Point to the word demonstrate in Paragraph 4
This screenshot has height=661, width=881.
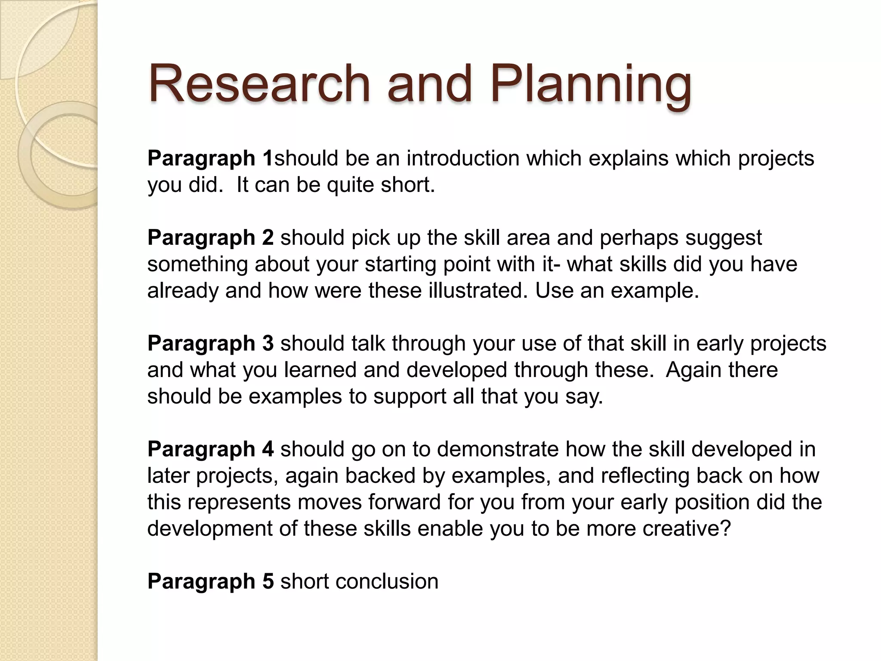[x=498, y=449]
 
